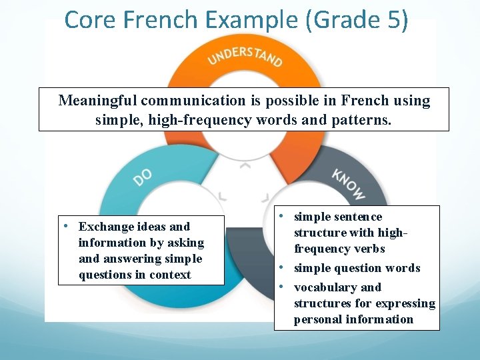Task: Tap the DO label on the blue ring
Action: pyautogui.click(x=143, y=177)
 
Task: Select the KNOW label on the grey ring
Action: pyautogui.click(x=348, y=184)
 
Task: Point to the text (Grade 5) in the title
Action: pyautogui.click(x=356, y=19)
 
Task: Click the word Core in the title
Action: pyautogui.click(x=88, y=19)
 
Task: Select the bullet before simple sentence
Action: pyautogui.click(x=283, y=215)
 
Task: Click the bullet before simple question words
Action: pyautogui.click(x=283, y=267)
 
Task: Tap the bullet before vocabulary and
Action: pyautogui.click(x=283, y=286)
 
